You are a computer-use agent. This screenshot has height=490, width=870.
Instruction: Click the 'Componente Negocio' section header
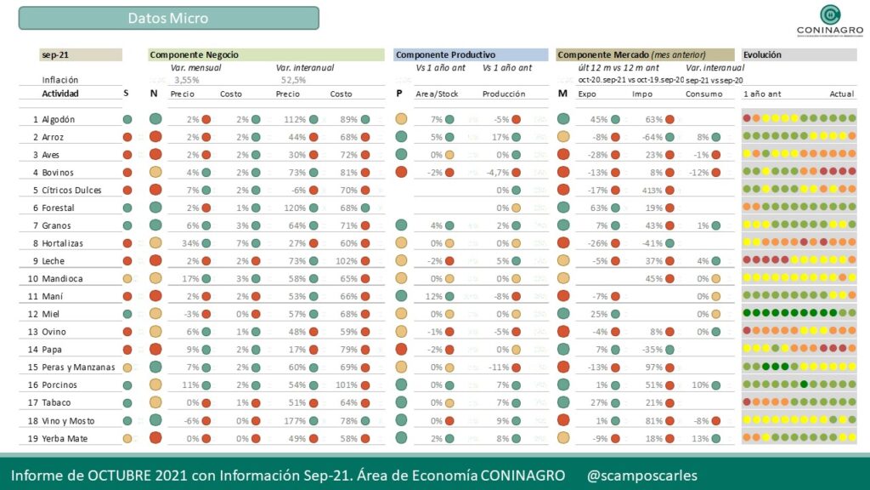pyautogui.click(x=195, y=54)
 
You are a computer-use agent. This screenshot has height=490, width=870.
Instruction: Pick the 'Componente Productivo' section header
pyautogui.click(x=445, y=54)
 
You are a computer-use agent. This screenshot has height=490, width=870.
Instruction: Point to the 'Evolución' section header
pyautogui.click(x=762, y=54)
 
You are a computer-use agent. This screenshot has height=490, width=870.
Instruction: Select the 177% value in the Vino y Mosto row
pyautogui.click(x=296, y=420)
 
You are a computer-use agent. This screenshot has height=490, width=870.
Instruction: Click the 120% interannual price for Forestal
pyautogui.click(x=296, y=208)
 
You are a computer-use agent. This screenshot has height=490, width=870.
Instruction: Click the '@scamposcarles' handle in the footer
pyautogui.click(x=642, y=475)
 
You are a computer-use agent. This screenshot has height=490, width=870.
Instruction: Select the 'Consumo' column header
pyautogui.click(x=703, y=94)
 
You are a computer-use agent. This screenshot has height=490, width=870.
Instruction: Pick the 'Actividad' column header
pyautogui.click(x=60, y=94)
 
